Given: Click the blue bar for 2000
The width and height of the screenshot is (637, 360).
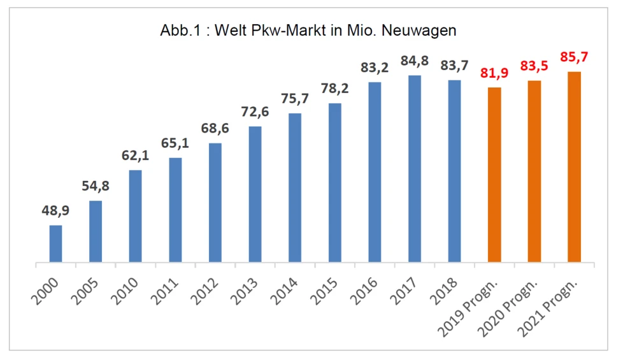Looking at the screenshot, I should tap(56, 243).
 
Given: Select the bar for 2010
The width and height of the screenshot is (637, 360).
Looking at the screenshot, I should tap(135, 216).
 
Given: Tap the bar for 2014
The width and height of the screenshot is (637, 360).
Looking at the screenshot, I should tap(295, 187).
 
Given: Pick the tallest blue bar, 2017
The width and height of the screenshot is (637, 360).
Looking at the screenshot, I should tap(415, 169).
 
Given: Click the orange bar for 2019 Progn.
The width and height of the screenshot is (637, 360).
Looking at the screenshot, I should tap(494, 175).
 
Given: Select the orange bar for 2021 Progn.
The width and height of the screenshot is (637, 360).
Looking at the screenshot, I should tap(575, 167).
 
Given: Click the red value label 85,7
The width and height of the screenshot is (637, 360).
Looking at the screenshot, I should tap(574, 58).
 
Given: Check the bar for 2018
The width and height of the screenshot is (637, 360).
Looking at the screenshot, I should tap(454, 171).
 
